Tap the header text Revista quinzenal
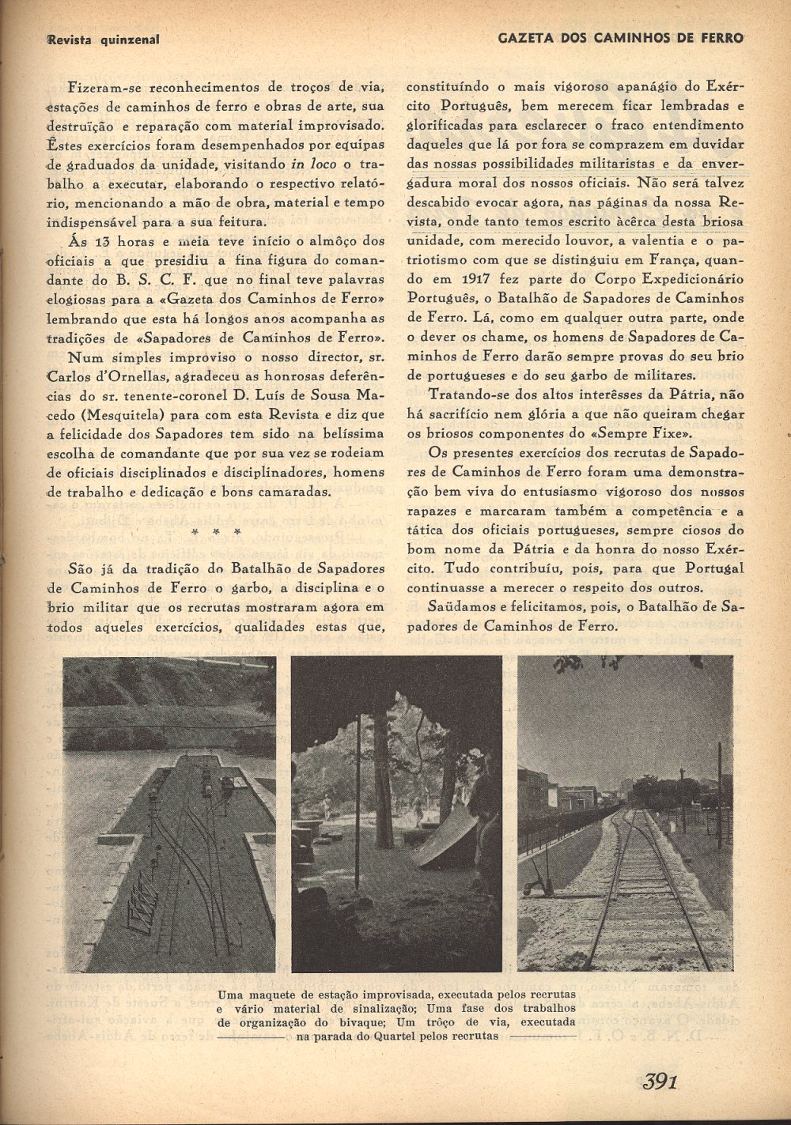(x=103, y=39)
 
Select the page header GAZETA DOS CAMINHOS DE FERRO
(x=621, y=38)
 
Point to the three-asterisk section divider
(x=207, y=531)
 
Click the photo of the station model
(x=169, y=814)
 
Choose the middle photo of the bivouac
(x=396, y=814)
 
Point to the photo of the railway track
(x=625, y=814)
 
